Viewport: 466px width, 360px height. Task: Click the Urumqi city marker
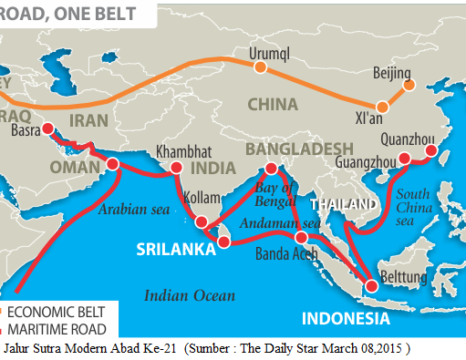pos(261,67)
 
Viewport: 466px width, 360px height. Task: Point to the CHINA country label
pos(270,104)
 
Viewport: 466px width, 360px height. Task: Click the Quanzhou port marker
pos(431,152)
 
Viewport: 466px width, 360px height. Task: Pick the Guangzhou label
pos(366,161)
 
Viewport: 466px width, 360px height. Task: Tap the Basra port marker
pos(47,129)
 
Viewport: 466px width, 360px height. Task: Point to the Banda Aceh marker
pos(302,237)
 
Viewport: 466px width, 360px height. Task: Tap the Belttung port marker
pos(370,287)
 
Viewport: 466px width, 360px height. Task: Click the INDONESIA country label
pos(346,319)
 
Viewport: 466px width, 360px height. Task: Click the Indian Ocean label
pos(190,294)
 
